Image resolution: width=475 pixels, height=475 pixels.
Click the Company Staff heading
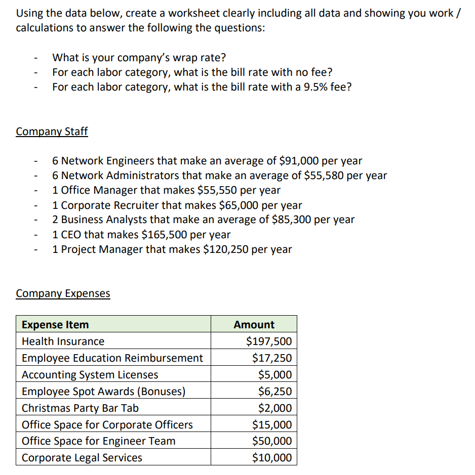pos(52,132)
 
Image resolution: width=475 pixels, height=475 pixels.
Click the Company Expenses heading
pos(63,293)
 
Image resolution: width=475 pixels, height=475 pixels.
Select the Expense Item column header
pos(55,325)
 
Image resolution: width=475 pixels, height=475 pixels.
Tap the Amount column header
pos(254,325)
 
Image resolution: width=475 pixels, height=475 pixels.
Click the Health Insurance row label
pos(63,341)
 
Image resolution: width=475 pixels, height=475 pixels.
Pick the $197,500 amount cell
pos(269,341)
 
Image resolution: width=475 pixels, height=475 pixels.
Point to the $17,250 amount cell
pos(272,358)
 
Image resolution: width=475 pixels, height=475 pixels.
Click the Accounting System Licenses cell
pos(90,375)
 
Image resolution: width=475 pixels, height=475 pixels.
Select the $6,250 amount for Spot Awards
pos(274,392)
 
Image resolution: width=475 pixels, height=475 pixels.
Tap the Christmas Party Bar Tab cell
pos(80,408)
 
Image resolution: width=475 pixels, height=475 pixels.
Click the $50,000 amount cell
pos(272,441)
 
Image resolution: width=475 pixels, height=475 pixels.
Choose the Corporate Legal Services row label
pos(82,458)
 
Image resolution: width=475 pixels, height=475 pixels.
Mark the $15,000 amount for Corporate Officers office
pos(272,425)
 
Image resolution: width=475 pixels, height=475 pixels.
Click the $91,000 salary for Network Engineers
pos(299,161)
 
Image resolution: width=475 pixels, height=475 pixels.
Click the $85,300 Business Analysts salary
pos(292,220)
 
